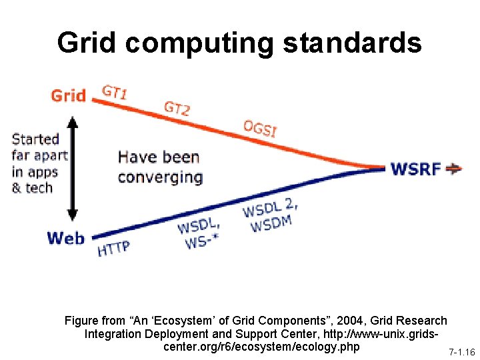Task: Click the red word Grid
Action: click(68, 95)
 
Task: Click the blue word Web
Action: click(66, 238)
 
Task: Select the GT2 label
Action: click(177, 107)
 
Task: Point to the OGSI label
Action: click(259, 128)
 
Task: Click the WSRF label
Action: click(415, 168)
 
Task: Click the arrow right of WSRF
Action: click(454, 168)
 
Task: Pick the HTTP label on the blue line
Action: click(113, 248)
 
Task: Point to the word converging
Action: click(160, 177)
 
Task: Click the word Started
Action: click(36, 139)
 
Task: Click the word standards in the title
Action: click(353, 43)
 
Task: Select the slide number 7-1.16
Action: click(461, 351)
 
